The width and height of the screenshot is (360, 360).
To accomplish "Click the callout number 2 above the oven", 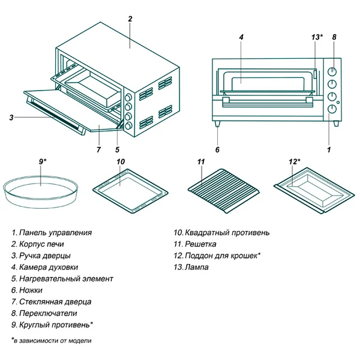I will pos(130,19).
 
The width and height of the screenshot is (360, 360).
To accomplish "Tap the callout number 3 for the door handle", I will pos(11,117).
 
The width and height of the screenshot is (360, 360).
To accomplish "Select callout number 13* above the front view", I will pos(317,37).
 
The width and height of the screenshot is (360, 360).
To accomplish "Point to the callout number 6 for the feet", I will pos(217,149).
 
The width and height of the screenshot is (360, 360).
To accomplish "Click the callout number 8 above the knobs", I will pos(334,37).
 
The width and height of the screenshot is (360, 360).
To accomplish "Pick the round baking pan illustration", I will pos(40,191).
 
